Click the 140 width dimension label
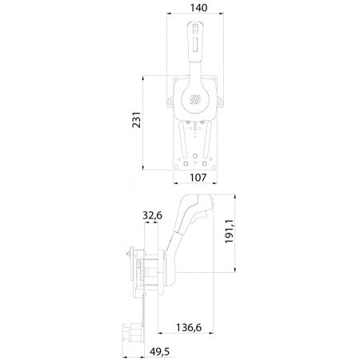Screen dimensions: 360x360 click(195, 8)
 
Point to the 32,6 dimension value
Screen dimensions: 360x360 click(155, 215)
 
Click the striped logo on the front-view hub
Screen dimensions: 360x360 click(197, 101)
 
